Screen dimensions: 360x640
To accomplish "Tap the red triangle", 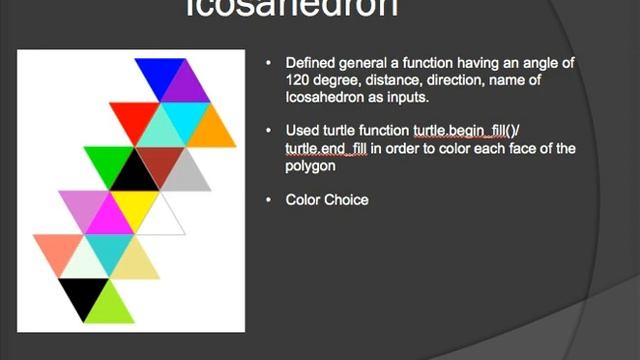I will pos(134,117).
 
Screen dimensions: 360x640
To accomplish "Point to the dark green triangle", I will pos(109,160).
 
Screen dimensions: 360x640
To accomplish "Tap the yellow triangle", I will pos(134,204).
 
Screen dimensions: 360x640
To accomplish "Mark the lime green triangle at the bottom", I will pos(109,306).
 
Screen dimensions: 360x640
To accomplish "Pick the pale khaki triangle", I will pos(135,263).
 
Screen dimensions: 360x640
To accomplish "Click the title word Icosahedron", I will pos(292,9).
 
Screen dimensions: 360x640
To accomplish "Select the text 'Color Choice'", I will pos(327,200).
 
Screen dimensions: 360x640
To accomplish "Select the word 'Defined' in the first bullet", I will pos(311,63).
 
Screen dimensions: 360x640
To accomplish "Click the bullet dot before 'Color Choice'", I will pos(268,200).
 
